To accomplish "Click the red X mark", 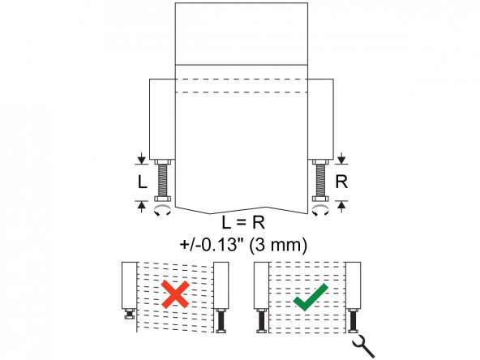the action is [175, 294].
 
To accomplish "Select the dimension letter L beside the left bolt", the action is [143, 182].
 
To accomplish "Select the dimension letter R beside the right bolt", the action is [341, 182].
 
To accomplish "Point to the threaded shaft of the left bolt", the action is [162, 180].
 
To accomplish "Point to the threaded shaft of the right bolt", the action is [320, 180].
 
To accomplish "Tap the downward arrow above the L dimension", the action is [141, 159].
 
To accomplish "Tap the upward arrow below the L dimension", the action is [141, 207].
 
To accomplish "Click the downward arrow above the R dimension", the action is [341, 159].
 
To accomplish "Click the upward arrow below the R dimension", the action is [341, 207].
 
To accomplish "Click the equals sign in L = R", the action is [242, 223].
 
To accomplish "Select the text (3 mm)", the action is [278, 245].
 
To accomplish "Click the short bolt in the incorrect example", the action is [130, 314].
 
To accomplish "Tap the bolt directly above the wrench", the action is [353, 320].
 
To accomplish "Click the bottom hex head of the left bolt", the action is [162, 199].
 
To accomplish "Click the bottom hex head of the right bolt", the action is [320, 199].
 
